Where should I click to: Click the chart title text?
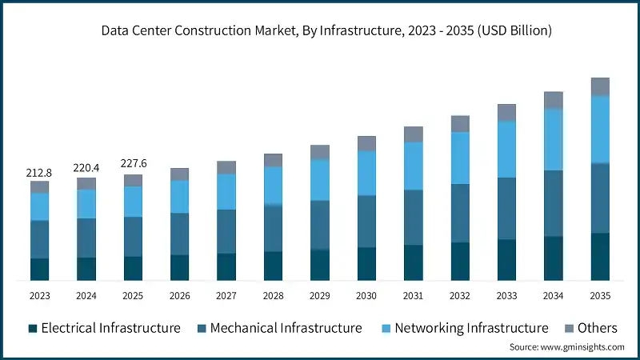320,31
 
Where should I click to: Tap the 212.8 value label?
40,172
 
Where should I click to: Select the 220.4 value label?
86,168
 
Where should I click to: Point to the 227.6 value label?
133,164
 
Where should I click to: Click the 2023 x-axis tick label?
40,296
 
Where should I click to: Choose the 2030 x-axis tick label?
366,296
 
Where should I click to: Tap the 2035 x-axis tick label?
600,296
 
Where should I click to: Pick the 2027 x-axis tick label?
226,296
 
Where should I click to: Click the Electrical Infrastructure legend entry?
104,328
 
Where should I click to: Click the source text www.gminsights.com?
567,347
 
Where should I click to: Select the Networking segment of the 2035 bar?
600,130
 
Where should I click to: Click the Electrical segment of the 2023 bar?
40,269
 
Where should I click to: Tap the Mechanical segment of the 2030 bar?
366,221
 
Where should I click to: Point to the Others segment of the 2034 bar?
554,100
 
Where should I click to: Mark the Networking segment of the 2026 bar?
180,197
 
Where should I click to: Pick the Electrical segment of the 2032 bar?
460,261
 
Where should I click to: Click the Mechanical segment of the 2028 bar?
274,229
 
